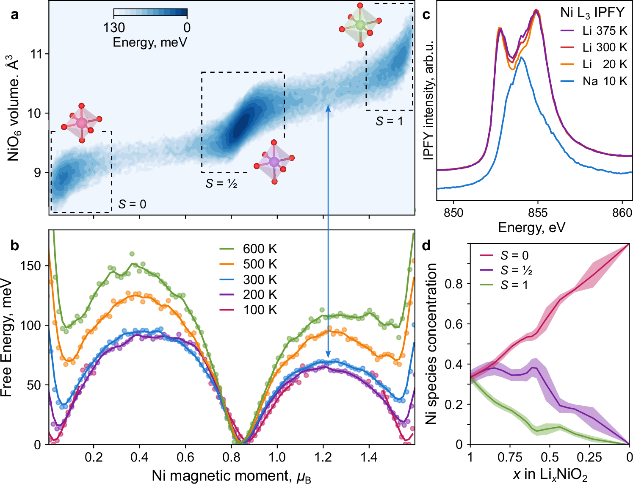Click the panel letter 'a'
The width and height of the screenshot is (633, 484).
[x=15, y=16]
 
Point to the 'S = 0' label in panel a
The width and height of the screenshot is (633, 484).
[x=132, y=204]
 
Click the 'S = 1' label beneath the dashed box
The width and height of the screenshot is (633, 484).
[x=389, y=122]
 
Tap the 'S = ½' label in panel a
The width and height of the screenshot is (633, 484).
[x=221, y=183]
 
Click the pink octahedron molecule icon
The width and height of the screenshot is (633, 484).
[x=81, y=123]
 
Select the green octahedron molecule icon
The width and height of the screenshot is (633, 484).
[x=360, y=25]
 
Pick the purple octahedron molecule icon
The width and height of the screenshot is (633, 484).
[x=274, y=162]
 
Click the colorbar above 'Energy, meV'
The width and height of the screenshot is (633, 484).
[x=150, y=13]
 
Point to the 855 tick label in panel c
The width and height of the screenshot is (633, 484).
[x=538, y=212]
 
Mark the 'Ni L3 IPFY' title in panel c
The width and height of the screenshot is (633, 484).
[x=592, y=13]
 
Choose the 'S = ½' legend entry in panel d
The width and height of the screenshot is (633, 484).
[x=515, y=270]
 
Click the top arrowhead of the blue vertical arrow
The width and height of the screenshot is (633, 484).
[x=328, y=108]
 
